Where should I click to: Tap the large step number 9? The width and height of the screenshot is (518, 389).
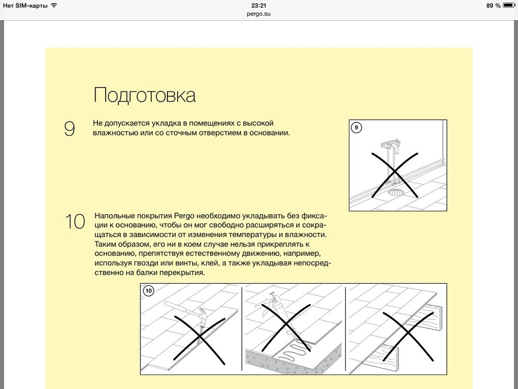click(69, 129)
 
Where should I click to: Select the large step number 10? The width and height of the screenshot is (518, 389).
click(75, 221)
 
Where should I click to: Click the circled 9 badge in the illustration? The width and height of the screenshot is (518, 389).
click(356, 127)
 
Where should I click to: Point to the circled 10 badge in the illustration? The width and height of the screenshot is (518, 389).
click(148, 291)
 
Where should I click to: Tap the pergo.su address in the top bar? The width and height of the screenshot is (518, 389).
click(258, 14)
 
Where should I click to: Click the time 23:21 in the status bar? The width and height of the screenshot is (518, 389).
click(258, 5)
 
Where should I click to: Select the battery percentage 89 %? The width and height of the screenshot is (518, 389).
click(494, 5)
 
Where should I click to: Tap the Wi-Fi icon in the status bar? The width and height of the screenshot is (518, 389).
click(54, 5)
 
